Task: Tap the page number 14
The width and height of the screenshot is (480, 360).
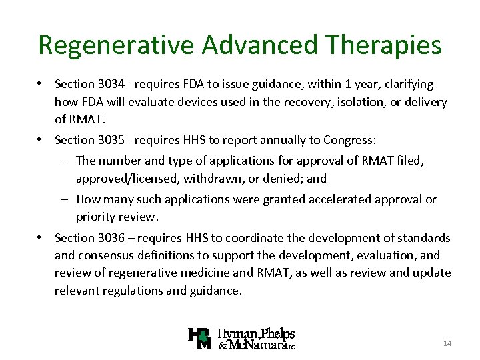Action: click(447, 343)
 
